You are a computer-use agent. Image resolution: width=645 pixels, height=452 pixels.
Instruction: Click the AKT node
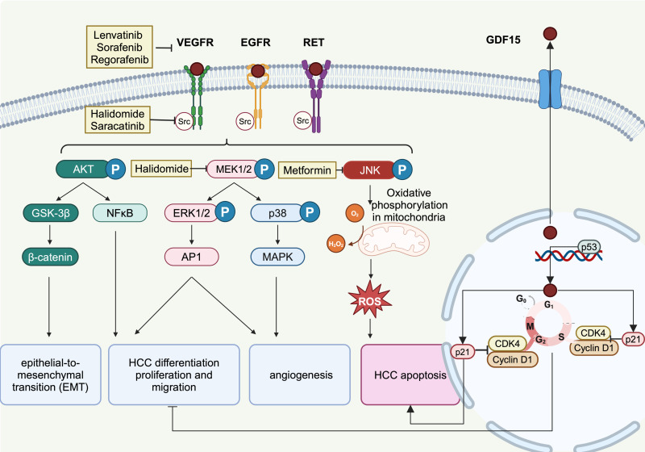point(83,169)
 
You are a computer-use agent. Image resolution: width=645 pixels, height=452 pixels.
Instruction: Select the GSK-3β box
point(51,213)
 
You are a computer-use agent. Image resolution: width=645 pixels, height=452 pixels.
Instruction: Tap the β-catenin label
point(50,257)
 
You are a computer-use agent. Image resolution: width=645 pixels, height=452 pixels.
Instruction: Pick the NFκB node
point(119,213)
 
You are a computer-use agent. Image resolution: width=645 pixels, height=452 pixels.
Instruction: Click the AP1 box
point(192,257)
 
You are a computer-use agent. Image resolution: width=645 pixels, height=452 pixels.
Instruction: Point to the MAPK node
point(277,257)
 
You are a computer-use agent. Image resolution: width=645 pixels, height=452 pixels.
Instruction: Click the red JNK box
point(369,170)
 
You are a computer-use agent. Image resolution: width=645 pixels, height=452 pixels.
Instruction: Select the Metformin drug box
point(307,170)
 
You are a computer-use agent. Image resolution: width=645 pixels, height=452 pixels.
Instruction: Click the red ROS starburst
point(370,300)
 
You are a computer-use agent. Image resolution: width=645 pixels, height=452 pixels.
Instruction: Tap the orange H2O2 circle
point(336,244)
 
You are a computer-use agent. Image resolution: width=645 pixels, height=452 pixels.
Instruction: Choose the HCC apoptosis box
point(410,375)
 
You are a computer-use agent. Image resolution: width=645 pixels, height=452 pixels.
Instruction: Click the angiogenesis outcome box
point(300,375)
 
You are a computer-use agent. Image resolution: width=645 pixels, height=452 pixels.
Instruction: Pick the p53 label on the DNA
point(589,247)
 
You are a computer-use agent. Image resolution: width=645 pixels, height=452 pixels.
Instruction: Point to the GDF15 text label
point(503,40)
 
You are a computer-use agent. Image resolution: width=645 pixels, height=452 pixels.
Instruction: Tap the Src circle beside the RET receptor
point(302,120)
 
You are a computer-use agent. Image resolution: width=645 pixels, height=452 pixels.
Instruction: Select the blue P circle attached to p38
point(310,211)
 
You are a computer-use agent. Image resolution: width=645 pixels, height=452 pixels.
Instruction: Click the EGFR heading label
point(256,43)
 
